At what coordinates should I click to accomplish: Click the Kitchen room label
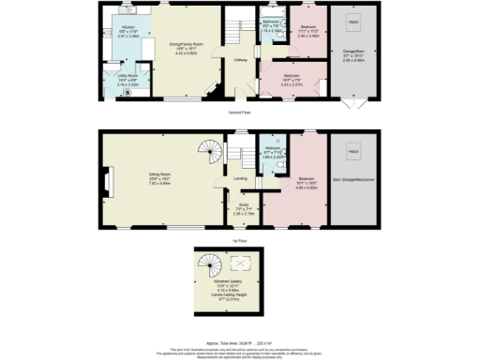(127, 28)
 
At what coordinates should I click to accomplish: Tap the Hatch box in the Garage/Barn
(353, 20)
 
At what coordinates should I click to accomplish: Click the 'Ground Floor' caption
(241, 112)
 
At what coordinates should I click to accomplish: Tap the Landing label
(239, 179)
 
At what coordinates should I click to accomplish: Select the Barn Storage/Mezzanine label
(353, 180)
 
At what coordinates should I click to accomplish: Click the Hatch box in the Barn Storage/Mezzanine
(353, 150)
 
